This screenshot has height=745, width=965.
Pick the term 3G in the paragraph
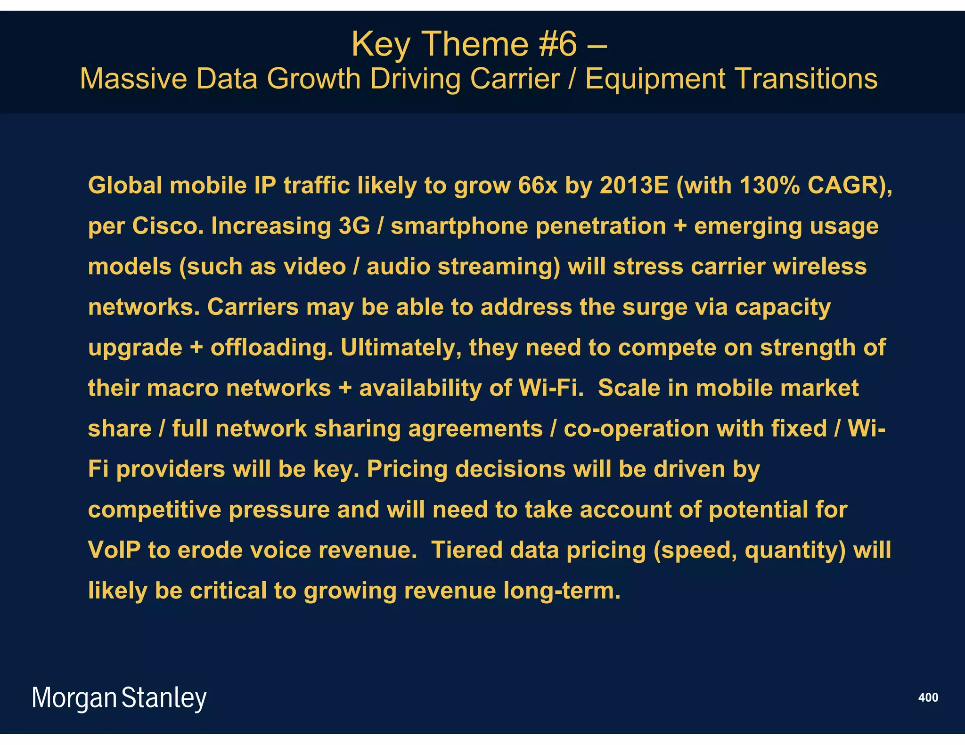coord(354,226)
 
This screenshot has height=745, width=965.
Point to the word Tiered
coord(466,550)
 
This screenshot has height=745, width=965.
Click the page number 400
coord(928,697)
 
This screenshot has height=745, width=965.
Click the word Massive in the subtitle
coord(133,79)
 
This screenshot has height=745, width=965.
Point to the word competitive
coord(155,510)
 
